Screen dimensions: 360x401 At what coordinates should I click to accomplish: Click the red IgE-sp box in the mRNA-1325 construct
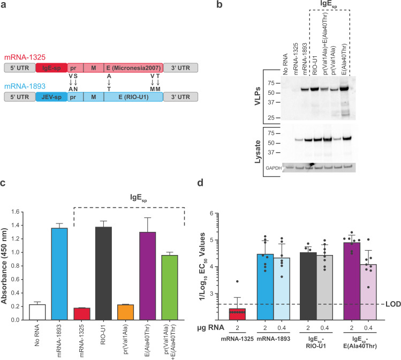51,68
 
